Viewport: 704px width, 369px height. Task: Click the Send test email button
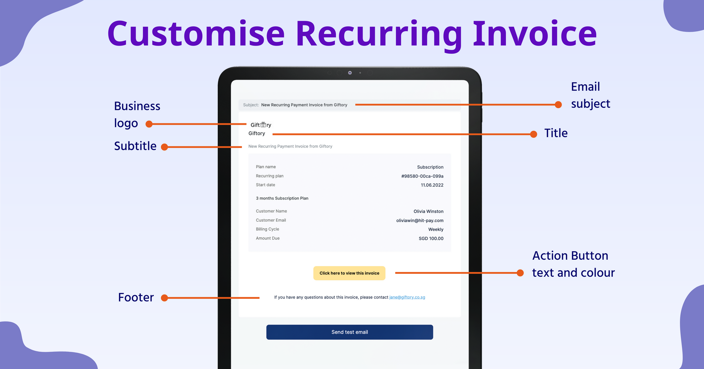(350, 332)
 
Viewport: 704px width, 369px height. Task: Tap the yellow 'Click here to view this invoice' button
(349, 273)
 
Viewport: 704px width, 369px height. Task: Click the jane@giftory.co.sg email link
(407, 297)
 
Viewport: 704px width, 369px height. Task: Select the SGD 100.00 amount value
(431, 239)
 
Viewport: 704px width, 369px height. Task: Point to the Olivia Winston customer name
(428, 211)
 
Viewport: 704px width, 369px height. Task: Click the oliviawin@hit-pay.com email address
(420, 221)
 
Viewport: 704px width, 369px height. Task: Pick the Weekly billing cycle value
(436, 229)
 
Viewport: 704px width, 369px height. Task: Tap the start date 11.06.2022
(432, 185)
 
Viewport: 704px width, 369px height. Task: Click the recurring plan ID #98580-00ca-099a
(422, 176)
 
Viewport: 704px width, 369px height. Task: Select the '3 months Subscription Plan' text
(282, 198)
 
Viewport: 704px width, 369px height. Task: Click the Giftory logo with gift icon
(261, 125)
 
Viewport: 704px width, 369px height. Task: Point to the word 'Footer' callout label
(136, 297)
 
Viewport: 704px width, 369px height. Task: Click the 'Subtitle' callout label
(135, 146)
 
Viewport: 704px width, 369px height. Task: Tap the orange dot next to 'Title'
(534, 134)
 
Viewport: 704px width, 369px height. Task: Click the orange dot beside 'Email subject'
(558, 105)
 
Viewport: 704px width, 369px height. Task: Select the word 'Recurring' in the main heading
(378, 34)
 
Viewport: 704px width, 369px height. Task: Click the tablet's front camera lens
(350, 73)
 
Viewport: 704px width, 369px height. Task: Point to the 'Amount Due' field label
(268, 238)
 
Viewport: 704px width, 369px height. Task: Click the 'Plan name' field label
(266, 167)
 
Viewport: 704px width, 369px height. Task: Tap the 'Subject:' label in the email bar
(251, 105)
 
